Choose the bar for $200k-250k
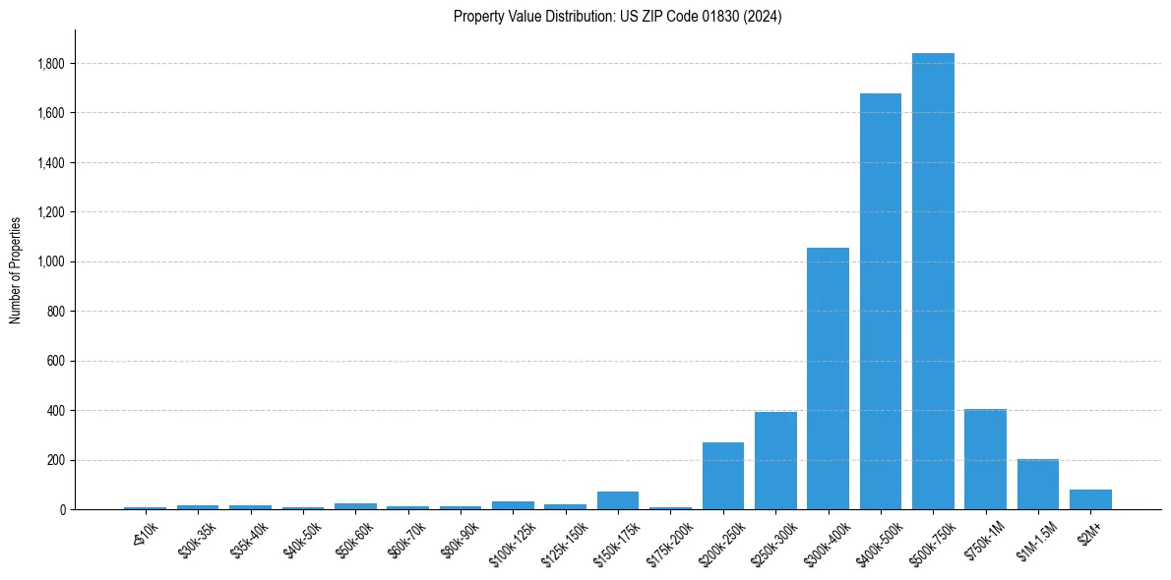point(723,476)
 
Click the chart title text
point(617,17)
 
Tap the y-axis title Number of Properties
point(16,269)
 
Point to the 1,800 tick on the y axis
point(51,64)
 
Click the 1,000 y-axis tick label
point(51,261)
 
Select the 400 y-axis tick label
point(57,410)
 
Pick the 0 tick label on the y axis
point(63,509)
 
